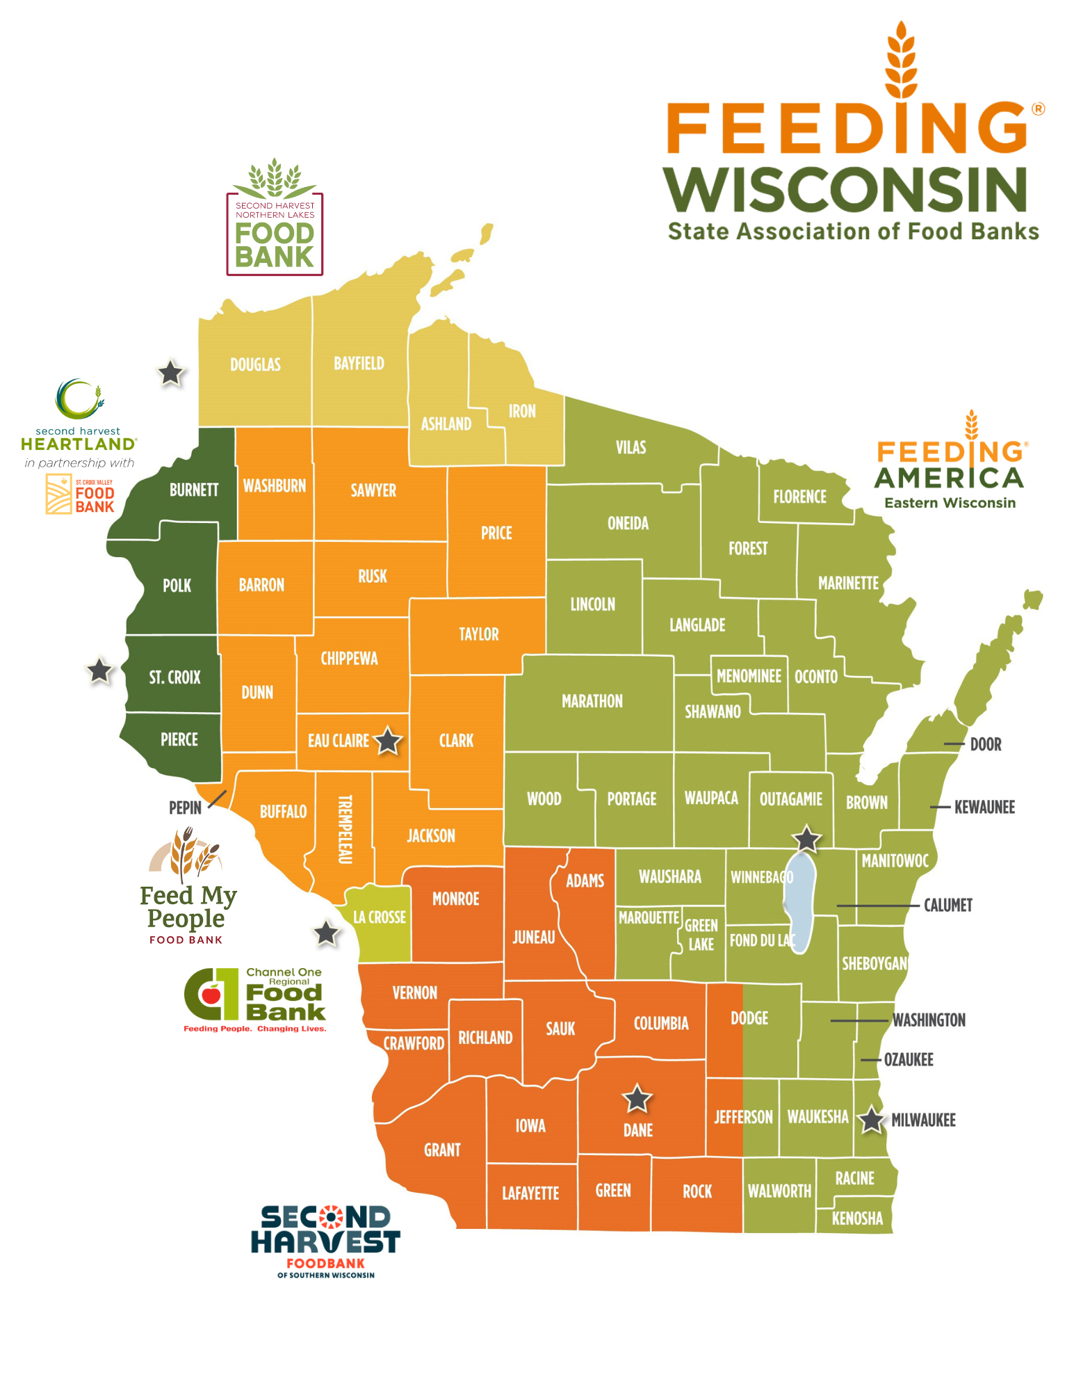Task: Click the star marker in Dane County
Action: pyautogui.click(x=636, y=1099)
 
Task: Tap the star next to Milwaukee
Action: pyautogui.click(x=870, y=1120)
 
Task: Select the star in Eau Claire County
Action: pyautogui.click(x=388, y=741)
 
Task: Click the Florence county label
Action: pyautogui.click(x=799, y=497)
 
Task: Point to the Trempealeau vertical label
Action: pyautogui.click(x=345, y=829)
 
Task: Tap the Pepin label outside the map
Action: pyautogui.click(x=185, y=807)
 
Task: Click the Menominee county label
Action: pyautogui.click(x=749, y=676)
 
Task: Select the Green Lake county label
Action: pyautogui.click(x=701, y=935)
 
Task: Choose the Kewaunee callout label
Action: pyautogui.click(x=984, y=807)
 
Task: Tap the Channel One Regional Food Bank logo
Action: pyautogui.click(x=255, y=999)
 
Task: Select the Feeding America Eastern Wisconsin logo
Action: pyautogui.click(x=950, y=463)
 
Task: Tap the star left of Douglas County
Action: pyautogui.click(x=170, y=373)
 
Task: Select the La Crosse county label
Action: pyautogui.click(x=379, y=917)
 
